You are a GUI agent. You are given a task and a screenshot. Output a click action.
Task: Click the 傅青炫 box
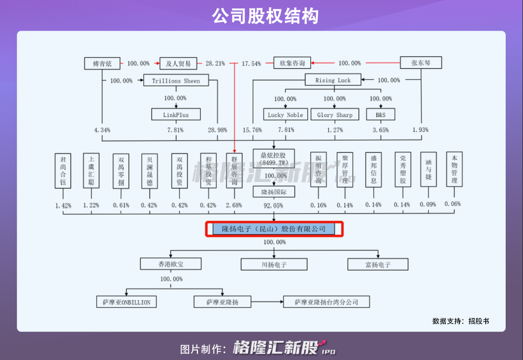(x=102, y=63)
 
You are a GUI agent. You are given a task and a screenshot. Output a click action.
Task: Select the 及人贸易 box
(x=178, y=63)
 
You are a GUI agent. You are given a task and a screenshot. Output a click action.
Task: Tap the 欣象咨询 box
(x=292, y=63)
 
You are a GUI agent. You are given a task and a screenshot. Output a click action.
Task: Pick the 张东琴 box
(x=421, y=63)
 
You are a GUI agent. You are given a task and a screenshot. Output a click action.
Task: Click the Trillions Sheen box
(x=176, y=80)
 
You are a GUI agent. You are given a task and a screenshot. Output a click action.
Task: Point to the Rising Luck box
(x=333, y=80)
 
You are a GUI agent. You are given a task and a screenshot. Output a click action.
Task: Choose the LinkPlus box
(x=175, y=114)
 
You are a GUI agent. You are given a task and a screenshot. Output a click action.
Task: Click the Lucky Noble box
(x=285, y=114)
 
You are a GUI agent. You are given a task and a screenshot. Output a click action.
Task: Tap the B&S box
(x=380, y=114)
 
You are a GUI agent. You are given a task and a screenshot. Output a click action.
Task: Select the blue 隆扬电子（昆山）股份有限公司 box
(x=274, y=229)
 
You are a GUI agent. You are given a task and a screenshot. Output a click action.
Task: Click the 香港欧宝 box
(x=170, y=263)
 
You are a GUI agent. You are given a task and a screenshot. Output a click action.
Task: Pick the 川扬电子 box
(x=274, y=264)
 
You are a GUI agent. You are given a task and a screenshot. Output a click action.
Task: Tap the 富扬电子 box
(x=378, y=264)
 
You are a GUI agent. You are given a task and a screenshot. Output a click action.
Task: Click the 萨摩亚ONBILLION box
(x=127, y=302)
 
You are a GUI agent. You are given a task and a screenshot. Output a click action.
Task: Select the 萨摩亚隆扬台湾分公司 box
(x=326, y=302)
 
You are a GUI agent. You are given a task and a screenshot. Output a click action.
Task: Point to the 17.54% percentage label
(x=251, y=64)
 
